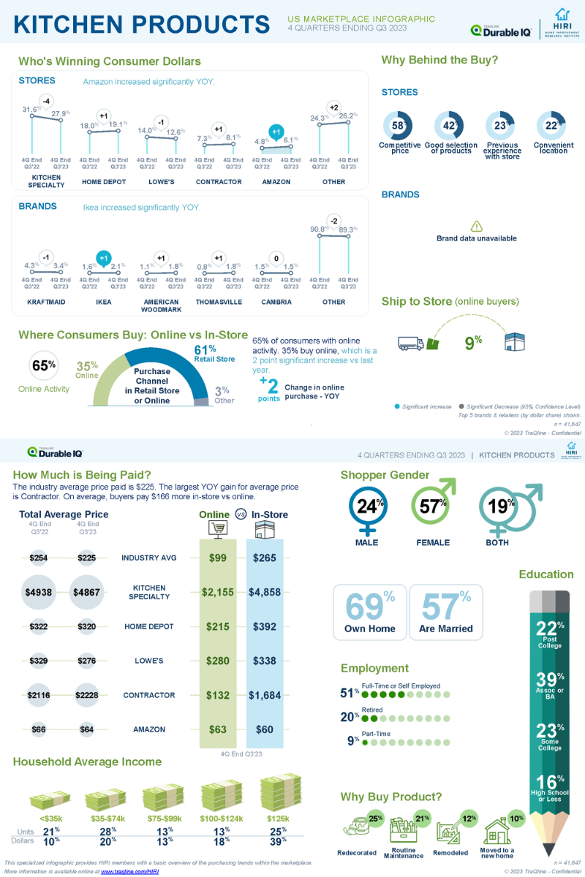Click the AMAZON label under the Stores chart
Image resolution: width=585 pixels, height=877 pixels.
[x=276, y=182]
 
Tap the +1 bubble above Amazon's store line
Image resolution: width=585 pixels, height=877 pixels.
[x=276, y=132]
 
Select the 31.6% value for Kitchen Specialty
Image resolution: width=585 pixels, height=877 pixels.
[x=31, y=110]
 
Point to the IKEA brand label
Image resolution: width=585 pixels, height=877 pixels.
[x=103, y=302]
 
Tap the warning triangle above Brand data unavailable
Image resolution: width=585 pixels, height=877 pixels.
[x=476, y=227]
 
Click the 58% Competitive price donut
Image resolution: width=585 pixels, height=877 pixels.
[x=399, y=126]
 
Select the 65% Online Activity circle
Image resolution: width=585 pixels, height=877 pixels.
[x=43, y=365]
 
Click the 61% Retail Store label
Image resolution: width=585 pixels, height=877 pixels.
[x=214, y=353]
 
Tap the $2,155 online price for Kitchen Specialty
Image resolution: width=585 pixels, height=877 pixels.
[x=218, y=592]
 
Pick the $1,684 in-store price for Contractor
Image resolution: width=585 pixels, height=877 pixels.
[x=264, y=695]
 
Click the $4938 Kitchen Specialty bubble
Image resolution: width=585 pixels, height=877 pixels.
[x=39, y=593]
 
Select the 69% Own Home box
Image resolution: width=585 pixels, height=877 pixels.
[x=369, y=612]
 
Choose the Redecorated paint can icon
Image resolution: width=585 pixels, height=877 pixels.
[x=357, y=827]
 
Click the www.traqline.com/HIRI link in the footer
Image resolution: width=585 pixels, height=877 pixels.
[x=129, y=872]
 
